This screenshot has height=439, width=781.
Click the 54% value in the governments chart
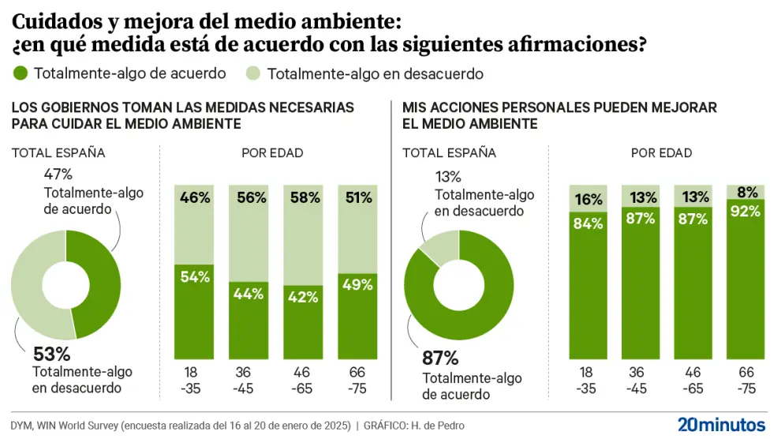tap(194, 276)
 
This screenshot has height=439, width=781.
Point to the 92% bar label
tap(745, 211)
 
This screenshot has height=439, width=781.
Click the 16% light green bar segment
tap(588, 199)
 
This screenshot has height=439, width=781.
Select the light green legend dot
tap(253, 73)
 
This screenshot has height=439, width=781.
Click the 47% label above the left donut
tap(58, 173)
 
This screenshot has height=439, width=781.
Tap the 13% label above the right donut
tap(448, 177)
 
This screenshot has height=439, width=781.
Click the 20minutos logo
tap(721, 423)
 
